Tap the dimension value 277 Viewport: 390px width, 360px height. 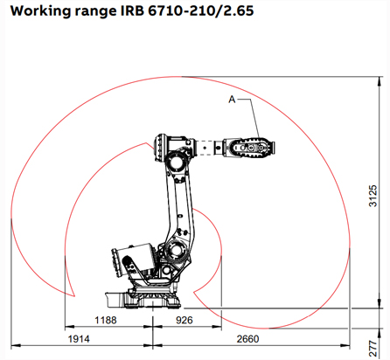[x=373, y=343]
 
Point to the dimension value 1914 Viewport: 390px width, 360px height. [x=81, y=337]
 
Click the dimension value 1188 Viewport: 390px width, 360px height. [x=107, y=321]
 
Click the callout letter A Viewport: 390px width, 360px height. [x=233, y=100]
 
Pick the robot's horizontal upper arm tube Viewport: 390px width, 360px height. [x=210, y=149]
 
